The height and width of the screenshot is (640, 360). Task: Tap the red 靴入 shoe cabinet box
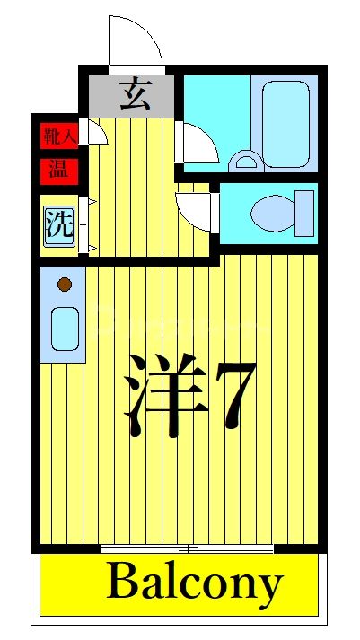tap(59, 137)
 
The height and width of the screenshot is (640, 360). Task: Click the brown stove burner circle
tap(63, 285)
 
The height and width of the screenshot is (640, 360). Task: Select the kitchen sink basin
tap(63, 329)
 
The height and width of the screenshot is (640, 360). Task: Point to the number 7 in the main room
tap(234, 394)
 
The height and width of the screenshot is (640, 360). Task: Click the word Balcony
tap(194, 584)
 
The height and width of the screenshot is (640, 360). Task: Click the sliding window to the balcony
tap(187, 547)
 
